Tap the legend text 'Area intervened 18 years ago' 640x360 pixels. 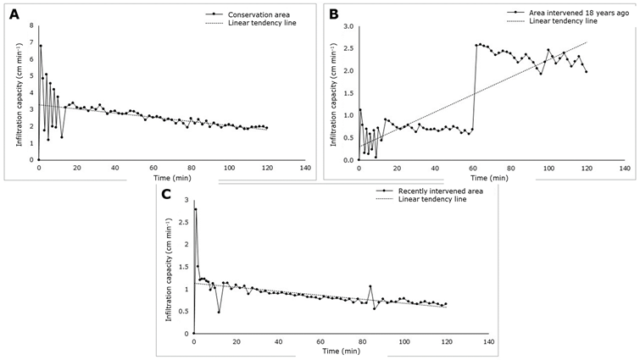567,13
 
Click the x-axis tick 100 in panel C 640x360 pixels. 404,341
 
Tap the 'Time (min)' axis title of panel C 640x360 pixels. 337,350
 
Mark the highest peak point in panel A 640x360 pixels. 41,45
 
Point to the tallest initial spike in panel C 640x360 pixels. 196,209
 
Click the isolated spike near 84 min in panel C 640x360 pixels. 370,286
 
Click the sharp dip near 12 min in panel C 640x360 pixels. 219,312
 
